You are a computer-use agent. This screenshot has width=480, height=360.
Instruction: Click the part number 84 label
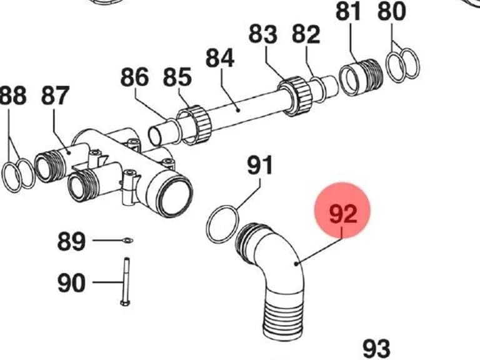(x=220, y=58)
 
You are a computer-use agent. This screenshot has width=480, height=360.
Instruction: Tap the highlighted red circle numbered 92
(x=342, y=210)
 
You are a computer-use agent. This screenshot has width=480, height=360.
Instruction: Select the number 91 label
(x=259, y=165)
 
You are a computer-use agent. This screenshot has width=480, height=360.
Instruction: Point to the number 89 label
(x=71, y=241)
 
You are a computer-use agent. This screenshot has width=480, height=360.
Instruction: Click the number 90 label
(x=71, y=283)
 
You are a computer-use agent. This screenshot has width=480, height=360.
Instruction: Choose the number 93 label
(x=376, y=348)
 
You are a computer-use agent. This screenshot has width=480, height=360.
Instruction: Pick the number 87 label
(x=55, y=96)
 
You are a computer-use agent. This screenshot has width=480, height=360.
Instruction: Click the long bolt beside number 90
(x=126, y=282)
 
